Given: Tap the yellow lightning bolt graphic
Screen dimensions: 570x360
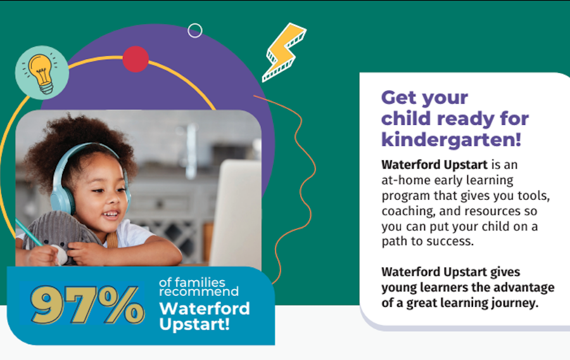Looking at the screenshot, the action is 284,52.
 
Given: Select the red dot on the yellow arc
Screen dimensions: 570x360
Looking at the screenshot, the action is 136,59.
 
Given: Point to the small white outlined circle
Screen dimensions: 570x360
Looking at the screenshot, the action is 195,30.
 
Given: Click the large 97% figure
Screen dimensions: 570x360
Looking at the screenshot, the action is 87,305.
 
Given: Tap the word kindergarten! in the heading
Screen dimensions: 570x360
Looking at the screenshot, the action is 451,139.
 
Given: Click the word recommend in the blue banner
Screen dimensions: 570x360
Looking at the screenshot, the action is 199,292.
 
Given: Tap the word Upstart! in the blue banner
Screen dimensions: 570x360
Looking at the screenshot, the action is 194,324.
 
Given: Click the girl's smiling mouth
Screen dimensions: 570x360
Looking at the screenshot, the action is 110,215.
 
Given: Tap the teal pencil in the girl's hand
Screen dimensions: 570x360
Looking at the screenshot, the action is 29,233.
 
